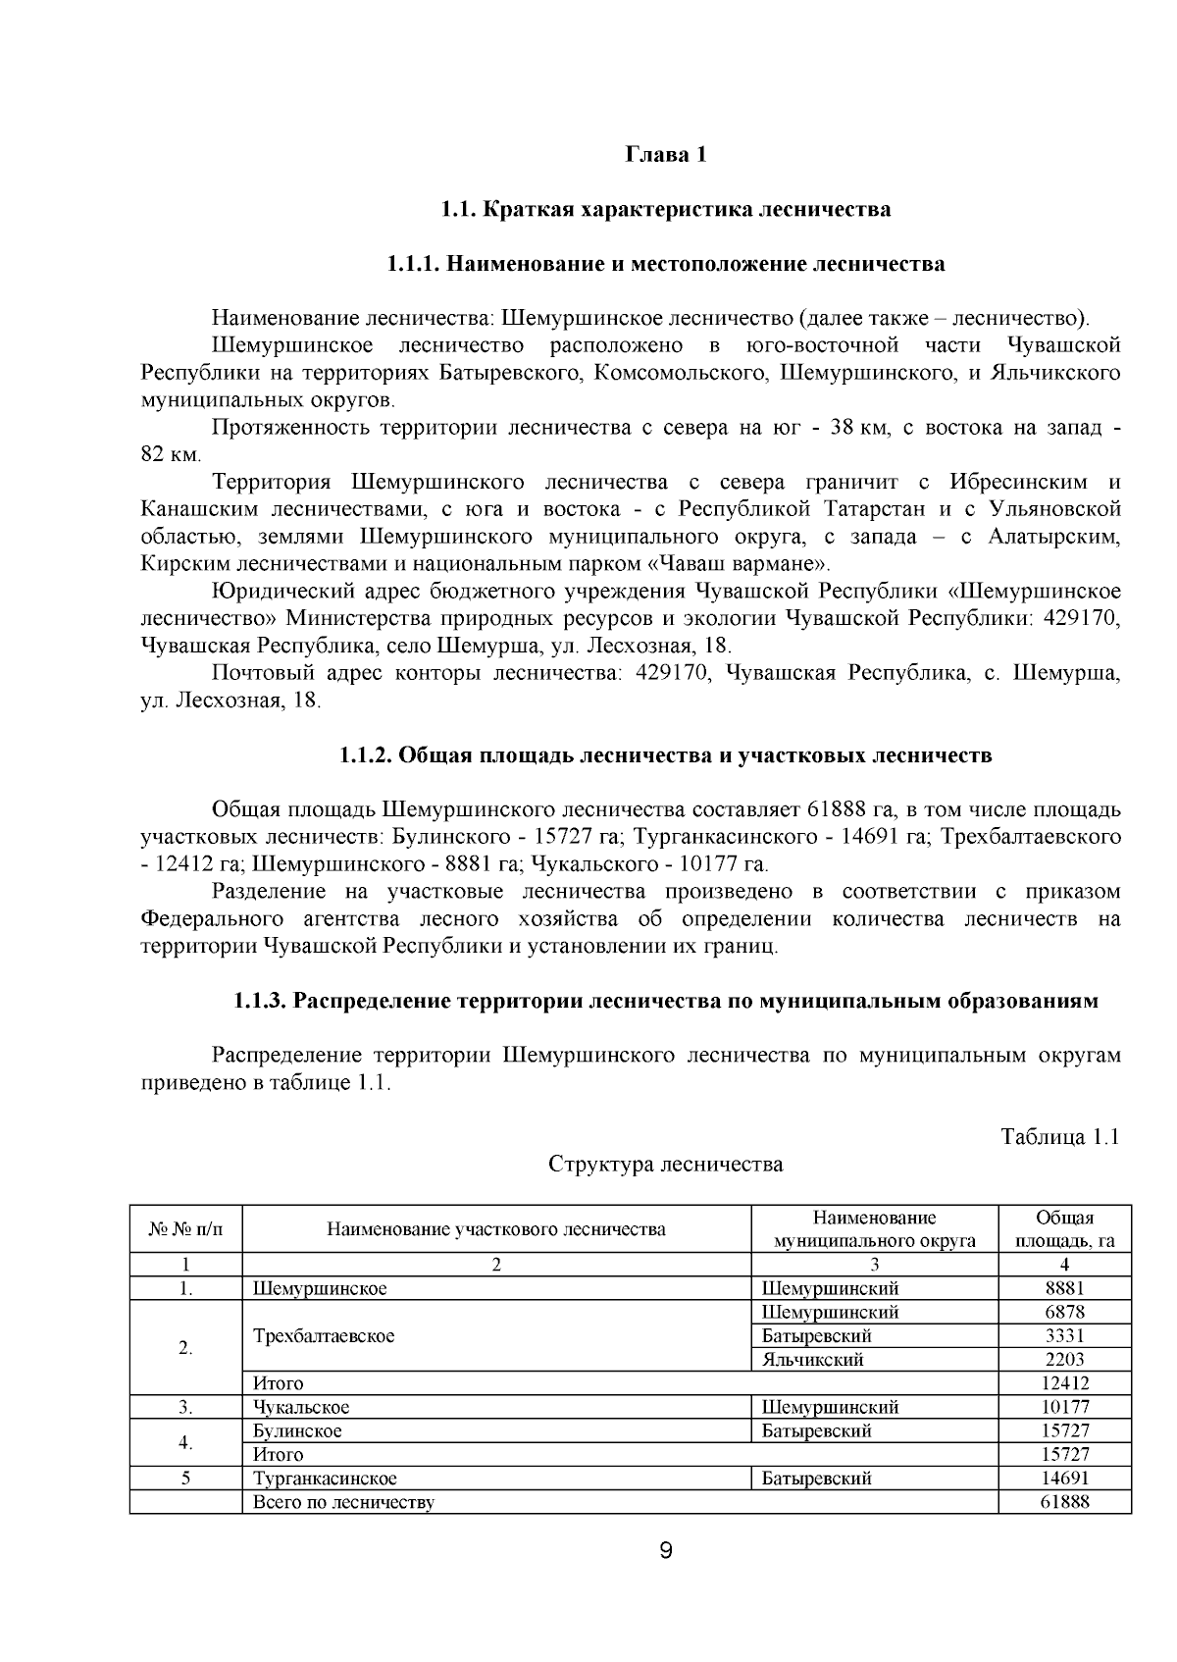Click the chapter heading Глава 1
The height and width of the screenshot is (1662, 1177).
click(666, 155)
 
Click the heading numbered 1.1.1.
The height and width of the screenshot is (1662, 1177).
click(665, 264)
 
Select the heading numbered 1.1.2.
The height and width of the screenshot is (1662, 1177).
click(665, 755)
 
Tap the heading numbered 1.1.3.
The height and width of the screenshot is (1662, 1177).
click(665, 1002)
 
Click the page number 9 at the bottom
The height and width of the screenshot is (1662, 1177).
click(666, 1552)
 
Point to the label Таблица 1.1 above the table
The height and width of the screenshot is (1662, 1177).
click(1059, 1137)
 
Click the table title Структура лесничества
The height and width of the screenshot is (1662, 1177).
click(665, 1165)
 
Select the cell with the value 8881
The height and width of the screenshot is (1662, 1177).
click(1064, 1288)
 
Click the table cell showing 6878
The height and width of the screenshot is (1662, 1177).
click(1064, 1312)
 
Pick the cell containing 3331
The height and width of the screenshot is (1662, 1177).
click(1064, 1335)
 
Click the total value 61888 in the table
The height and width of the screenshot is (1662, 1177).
click(1064, 1502)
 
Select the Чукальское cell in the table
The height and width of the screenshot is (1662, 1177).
click(301, 1407)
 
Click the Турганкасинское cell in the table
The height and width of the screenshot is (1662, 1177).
click(325, 1479)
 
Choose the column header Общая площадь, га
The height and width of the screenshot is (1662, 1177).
click(1064, 1228)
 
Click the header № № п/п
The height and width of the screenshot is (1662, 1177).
click(185, 1229)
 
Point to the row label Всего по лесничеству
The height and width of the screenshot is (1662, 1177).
click(343, 1502)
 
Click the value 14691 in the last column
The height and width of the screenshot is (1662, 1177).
click(1064, 1479)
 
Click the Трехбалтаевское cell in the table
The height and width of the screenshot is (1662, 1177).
click(324, 1336)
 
